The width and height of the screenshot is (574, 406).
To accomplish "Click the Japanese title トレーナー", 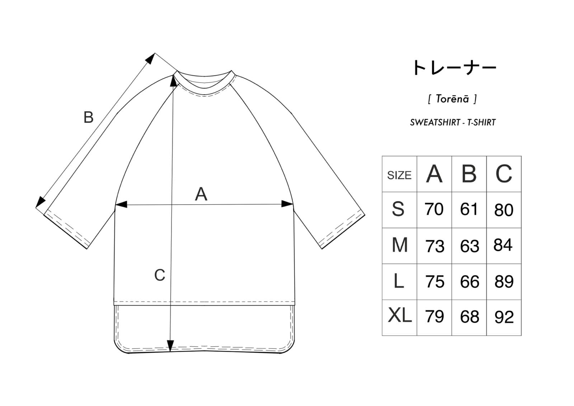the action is tap(454, 68).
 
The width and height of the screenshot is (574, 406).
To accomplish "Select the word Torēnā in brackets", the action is tap(452, 99).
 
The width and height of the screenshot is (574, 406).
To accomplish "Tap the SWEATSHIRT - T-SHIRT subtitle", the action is tap(453, 122).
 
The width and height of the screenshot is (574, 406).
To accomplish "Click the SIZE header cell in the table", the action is tap(399, 175).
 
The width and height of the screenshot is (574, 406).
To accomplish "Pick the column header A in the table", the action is tap(434, 174).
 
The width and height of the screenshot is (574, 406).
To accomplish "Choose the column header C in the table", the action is tap(504, 174).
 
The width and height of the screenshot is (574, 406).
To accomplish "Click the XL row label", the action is tap(399, 316).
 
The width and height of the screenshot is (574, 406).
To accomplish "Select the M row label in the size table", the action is tap(399, 246).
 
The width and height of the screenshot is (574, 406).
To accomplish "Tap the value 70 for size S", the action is tap(434, 210).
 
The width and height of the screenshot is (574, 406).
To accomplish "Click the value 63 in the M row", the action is tap(469, 246).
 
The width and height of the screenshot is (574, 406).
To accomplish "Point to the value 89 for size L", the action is tap(504, 282).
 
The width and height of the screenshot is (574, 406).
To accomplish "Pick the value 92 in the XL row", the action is tap(504, 317).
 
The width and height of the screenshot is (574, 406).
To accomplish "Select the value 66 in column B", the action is tap(469, 282).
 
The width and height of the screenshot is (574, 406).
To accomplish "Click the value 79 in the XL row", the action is tap(434, 317).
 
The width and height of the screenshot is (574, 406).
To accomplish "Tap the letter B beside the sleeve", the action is tap(88, 117).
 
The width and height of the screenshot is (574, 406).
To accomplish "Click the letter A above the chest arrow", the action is tap(201, 194).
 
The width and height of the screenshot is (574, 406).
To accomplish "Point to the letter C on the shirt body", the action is tap(160, 275).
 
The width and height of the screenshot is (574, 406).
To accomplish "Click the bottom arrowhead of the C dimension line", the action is tap(171, 346).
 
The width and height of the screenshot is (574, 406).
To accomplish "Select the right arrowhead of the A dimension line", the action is tap(288, 204).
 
